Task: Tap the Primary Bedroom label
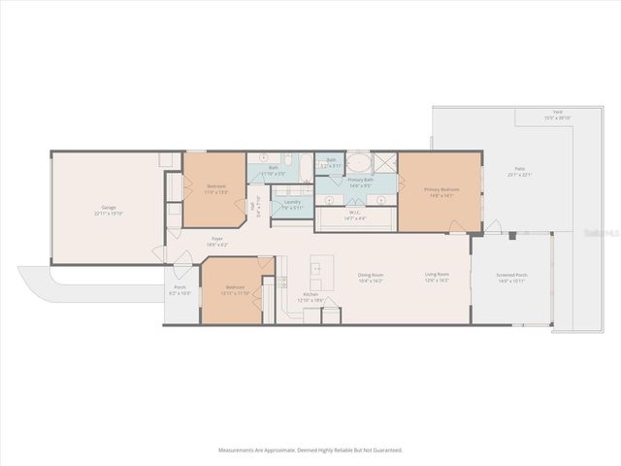click(441, 190)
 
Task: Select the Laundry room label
click(292, 202)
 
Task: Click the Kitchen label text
click(310, 294)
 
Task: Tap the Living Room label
click(437, 275)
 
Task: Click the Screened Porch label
click(511, 275)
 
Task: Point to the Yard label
click(557, 113)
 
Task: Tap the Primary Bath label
click(361, 180)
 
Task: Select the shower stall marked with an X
click(383, 162)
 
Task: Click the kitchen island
click(321, 265)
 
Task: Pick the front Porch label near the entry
click(180, 287)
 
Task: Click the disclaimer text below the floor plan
click(310, 449)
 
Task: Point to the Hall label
click(252, 206)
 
